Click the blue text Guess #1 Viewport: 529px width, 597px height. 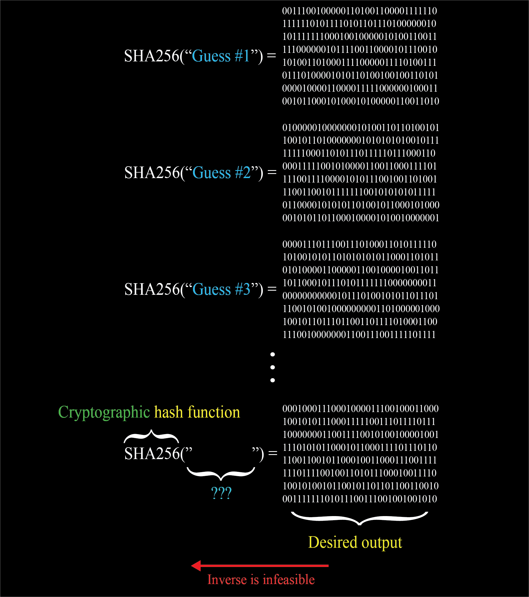point(220,56)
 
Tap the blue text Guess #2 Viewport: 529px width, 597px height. point(221,173)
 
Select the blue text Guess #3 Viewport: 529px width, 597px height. point(221,290)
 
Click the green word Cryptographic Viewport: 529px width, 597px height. point(104,412)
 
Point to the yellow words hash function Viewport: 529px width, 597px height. point(197,412)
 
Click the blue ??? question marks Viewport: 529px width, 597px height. point(221,493)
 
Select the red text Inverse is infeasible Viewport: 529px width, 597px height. point(261,579)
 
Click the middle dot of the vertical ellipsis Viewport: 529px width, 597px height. point(272,367)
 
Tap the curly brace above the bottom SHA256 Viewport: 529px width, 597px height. point(151,436)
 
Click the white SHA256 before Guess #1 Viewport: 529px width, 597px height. point(152,56)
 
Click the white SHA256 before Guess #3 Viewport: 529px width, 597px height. point(152,290)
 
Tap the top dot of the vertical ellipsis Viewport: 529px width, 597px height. point(272,354)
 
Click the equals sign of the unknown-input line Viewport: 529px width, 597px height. point(273,453)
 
